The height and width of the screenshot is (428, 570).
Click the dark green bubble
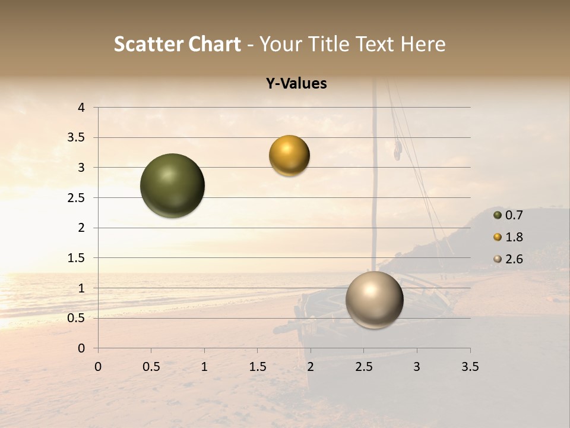173,185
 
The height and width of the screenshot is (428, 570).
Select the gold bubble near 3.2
289,156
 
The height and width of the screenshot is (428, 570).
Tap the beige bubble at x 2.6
374,300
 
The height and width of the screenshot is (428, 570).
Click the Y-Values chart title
296,84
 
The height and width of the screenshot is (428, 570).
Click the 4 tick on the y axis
82,108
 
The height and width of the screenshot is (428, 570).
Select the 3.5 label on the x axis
470,367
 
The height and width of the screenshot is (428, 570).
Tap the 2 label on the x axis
310,367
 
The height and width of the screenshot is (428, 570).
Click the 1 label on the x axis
204,367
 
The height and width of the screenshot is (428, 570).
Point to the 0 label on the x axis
98,367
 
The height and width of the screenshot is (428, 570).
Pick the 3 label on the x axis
416,367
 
